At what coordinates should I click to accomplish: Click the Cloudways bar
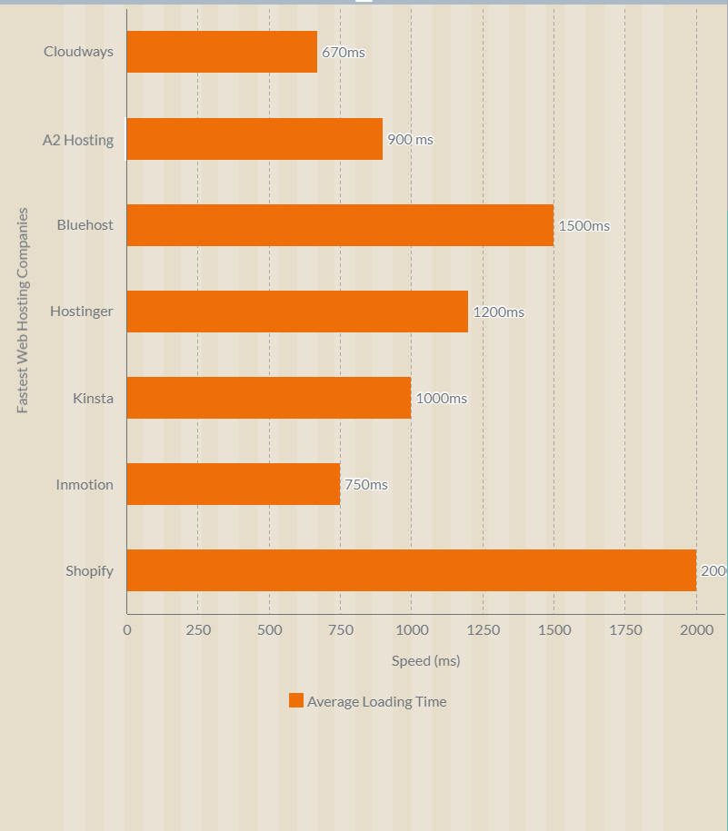(x=222, y=52)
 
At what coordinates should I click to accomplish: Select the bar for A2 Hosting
(x=254, y=139)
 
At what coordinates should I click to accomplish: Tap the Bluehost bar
(x=340, y=225)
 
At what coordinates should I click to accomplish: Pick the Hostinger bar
(x=297, y=312)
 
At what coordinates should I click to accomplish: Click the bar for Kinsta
(x=269, y=398)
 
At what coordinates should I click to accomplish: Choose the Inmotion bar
(x=234, y=484)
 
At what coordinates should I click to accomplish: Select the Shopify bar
(x=411, y=570)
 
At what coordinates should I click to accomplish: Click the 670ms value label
(x=344, y=53)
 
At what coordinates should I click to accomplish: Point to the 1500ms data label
(x=583, y=226)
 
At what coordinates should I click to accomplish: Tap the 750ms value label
(x=365, y=485)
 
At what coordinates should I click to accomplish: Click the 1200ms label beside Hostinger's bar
(x=498, y=312)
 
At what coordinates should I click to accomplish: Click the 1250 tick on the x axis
(x=483, y=630)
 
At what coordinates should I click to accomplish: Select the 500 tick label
(x=269, y=630)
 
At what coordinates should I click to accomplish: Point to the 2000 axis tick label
(x=696, y=630)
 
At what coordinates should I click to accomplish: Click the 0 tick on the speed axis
(x=127, y=630)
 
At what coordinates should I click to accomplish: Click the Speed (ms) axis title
(x=425, y=661)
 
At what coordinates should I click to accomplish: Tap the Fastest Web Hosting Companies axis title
(x=23, y=311)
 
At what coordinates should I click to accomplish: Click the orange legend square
(x=296, y=700)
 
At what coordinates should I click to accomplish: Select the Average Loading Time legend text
(x=376, y=701)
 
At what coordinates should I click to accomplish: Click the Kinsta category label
(x=93, y=398)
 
